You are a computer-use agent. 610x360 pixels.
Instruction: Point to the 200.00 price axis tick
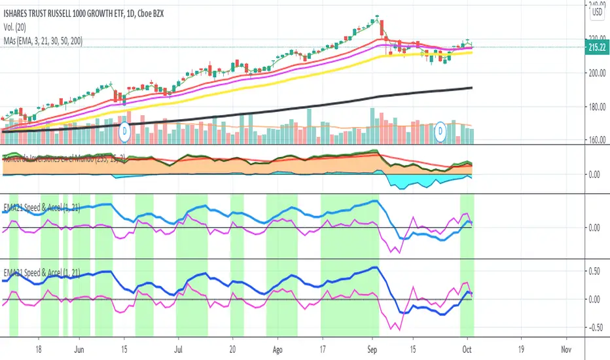(x=596, y=74)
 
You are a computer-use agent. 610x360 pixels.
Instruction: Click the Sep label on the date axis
(x=372, y=348)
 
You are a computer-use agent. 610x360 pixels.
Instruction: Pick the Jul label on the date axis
(x=179, y=348)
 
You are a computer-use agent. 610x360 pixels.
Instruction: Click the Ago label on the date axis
(x=279, y=348)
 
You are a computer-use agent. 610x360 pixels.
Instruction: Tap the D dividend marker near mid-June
(x=125, y=131)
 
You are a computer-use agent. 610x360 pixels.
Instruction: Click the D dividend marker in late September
(x=442, y=131)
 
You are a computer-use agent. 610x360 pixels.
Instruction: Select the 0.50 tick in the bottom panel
(x=595, y=271)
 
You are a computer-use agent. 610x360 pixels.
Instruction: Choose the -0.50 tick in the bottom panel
(x=595, y=328)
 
